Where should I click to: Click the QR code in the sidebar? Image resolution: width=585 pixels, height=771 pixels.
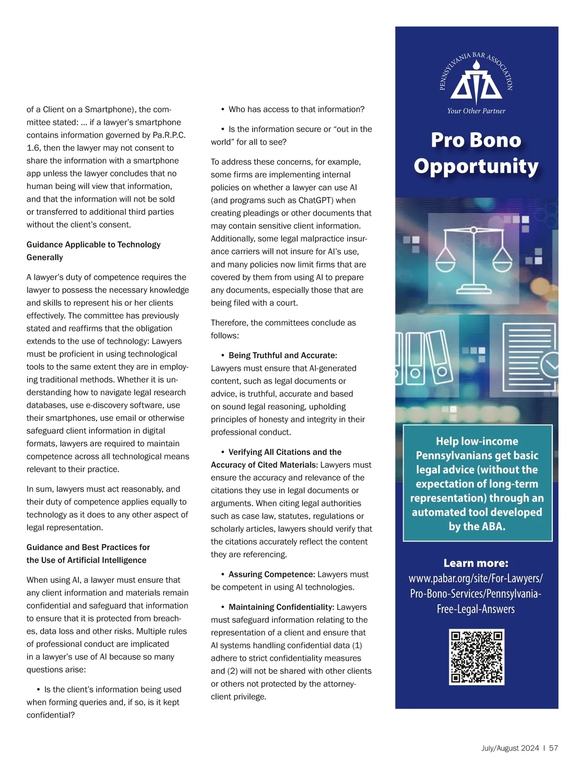click(476, 656)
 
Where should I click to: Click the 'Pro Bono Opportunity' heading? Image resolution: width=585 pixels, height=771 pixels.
click(476, 153)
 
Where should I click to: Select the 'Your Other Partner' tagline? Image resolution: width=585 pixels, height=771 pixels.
click(476, 111)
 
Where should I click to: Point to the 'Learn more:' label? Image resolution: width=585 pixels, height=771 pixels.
click(476, 563)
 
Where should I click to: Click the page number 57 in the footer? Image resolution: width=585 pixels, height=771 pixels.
click(553, 748)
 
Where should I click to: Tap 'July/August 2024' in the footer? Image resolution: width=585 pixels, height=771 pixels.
click(510, 748)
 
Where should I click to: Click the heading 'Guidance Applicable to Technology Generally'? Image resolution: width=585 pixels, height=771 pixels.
click(93, 251)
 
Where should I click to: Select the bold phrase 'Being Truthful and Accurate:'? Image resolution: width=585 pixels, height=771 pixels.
click(283, 355)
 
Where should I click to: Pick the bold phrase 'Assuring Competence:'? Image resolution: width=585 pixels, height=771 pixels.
click(272, 574)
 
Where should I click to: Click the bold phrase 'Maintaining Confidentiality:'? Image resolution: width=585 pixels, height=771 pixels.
click(281, 607)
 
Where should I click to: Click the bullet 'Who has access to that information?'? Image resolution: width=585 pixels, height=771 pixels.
click(296, 109)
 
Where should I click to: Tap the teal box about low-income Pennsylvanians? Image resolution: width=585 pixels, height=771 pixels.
click(477, 483)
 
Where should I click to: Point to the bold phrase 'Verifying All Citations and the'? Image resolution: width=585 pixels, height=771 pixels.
click(285, 452)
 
